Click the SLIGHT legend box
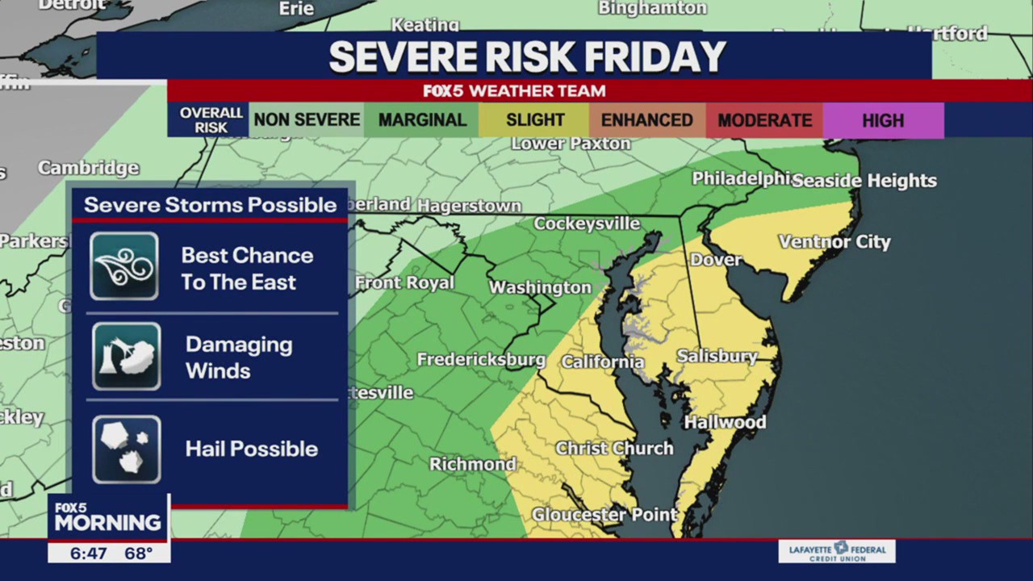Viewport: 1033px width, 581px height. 535,120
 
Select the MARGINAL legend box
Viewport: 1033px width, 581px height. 422,120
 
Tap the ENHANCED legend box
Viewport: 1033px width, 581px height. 646,120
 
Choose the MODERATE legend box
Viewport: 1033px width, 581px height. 764,120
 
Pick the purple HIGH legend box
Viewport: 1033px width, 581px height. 883,120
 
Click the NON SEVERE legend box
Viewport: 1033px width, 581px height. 307,120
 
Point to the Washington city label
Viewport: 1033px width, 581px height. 540,287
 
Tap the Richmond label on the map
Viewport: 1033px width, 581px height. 473,464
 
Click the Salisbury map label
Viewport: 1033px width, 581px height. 717,356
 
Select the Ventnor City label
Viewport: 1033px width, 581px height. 834,241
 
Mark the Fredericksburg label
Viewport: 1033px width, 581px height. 481,359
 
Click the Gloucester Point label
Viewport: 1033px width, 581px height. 593,514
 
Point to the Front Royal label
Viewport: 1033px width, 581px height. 405,283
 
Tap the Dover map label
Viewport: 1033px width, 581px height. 716,259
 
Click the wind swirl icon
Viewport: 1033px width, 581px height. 124,266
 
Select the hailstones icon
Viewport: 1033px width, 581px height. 126,449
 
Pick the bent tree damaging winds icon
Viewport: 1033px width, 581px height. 126,357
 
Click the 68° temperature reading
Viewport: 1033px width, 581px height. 138,553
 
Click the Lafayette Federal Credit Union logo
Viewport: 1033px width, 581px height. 837,551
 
